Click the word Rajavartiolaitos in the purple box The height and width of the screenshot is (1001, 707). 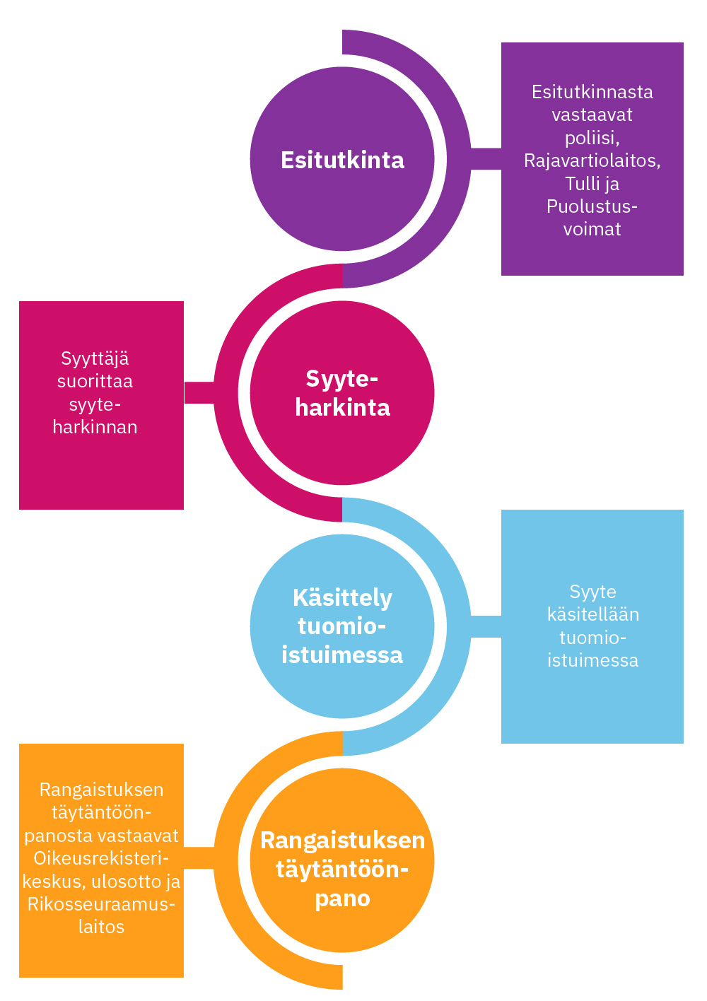[591, 160]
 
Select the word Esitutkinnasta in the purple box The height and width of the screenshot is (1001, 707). [592, 92]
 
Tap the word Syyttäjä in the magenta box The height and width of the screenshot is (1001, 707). [95, 358]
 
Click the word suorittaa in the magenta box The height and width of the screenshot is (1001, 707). [95, 382]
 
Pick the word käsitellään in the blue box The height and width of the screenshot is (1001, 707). [592, 614]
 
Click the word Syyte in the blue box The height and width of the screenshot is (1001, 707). [592, 592]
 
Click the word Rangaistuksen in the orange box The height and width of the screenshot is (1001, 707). [101, 790]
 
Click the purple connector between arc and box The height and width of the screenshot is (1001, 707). [486, 159]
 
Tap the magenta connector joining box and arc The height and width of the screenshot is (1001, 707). [199, 392]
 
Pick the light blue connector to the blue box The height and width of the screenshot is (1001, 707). [486, 626]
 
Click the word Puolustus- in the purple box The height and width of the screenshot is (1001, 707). [592, 206]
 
